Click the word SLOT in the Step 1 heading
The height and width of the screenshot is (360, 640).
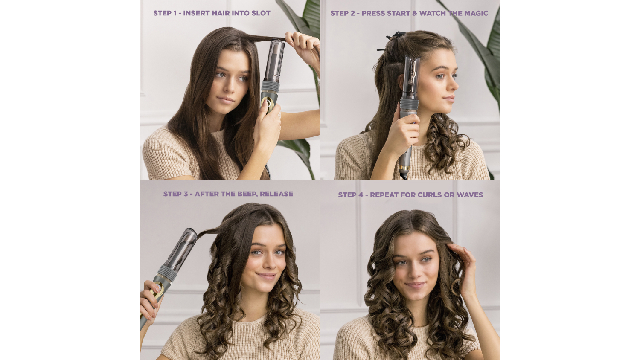261,13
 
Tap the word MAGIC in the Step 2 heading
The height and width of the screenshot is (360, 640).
476,13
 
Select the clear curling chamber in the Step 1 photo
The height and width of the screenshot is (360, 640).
274,61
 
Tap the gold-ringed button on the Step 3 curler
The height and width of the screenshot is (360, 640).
158,288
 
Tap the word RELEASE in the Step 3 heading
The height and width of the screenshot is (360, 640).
276,194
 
